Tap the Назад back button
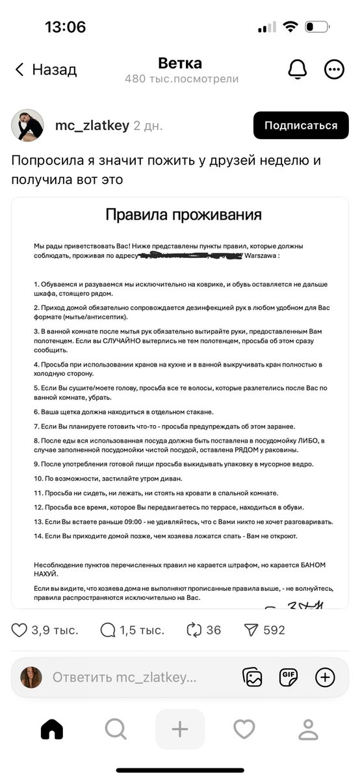coord(45,70)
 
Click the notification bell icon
coord(298,70)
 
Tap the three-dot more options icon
coord(334,70)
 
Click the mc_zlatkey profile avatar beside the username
coord(27,125)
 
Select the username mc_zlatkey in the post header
coord(92,125)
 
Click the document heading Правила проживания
coord(183,215)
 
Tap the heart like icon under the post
coord(19,630)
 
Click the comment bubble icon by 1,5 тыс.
coord(107,630)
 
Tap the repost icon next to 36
coord(194,630)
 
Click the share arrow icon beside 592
coord(251,630)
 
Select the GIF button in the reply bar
coord(289,677)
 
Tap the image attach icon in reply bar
coord(252,677)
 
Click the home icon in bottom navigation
coord(52,730)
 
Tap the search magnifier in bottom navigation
coord(115,730)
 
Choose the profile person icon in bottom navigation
coord(307,730)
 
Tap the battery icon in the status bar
coord(317,27)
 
